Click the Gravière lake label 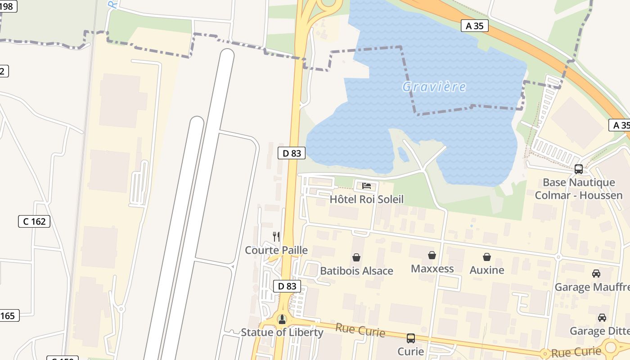(434, 86)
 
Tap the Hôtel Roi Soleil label (366, 199)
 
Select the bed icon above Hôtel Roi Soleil (366, 186)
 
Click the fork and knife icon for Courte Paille (276, 236)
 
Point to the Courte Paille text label (276, 250)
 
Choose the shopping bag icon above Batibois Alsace (356, 257)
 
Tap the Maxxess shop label (432, 269)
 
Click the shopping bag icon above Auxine (486, 257)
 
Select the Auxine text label (486, 270)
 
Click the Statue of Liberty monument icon (282, 319)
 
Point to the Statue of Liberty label (282, 333)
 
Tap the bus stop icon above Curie (410, 338)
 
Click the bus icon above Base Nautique (579, 170)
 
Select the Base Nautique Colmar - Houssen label (579, 189)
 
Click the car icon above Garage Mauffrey (596, 274)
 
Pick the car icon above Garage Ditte (602, 318)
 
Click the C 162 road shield (34, 221)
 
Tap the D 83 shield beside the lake (292, 153)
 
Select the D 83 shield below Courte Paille (287, 286)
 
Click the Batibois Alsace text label (356, 271)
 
